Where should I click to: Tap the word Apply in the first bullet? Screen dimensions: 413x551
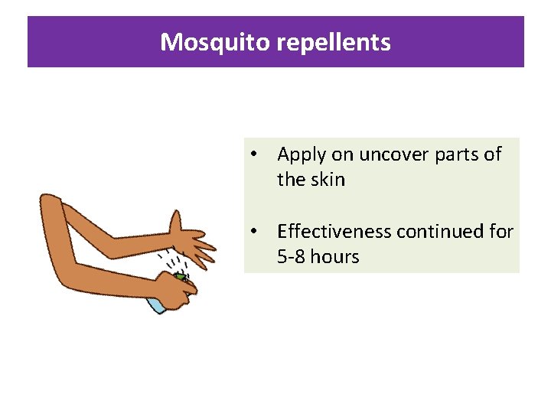point(302,154)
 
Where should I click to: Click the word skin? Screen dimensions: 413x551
point(328,180)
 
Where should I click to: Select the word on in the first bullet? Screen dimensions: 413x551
point(343,154)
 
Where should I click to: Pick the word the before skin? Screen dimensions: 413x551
point(290,180)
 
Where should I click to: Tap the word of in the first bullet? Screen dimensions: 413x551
point(494,154)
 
